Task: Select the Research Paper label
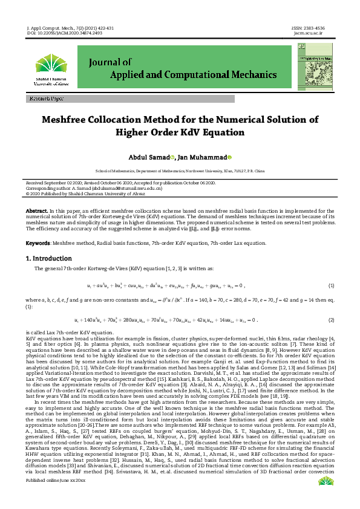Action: point(45,98)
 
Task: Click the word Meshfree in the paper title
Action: point(71,120)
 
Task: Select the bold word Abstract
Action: point(36,210)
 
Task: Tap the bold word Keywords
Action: point(38,242)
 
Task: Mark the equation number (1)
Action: point(331,285)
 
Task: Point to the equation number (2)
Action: point(331,319)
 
